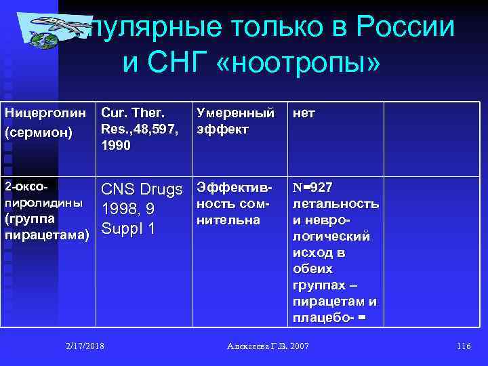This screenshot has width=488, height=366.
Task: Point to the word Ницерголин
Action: click(45, 113)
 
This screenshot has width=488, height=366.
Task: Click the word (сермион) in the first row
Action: click(39, 131)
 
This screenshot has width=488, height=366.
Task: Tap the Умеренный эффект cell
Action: click(235, 121)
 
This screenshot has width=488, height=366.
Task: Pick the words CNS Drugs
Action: click(142, 189)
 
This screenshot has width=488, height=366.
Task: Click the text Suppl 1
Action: click(129, 228)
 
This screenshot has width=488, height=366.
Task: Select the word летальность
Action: click(335, 203)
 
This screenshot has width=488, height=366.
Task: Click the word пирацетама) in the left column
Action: click(46, 235)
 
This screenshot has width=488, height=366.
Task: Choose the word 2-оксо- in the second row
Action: click(27, 186)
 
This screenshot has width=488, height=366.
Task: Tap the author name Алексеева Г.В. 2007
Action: click(267, 346)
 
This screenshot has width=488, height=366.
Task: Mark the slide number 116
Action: click(464, 346)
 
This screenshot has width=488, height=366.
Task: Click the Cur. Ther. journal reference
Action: click(132, 113)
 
